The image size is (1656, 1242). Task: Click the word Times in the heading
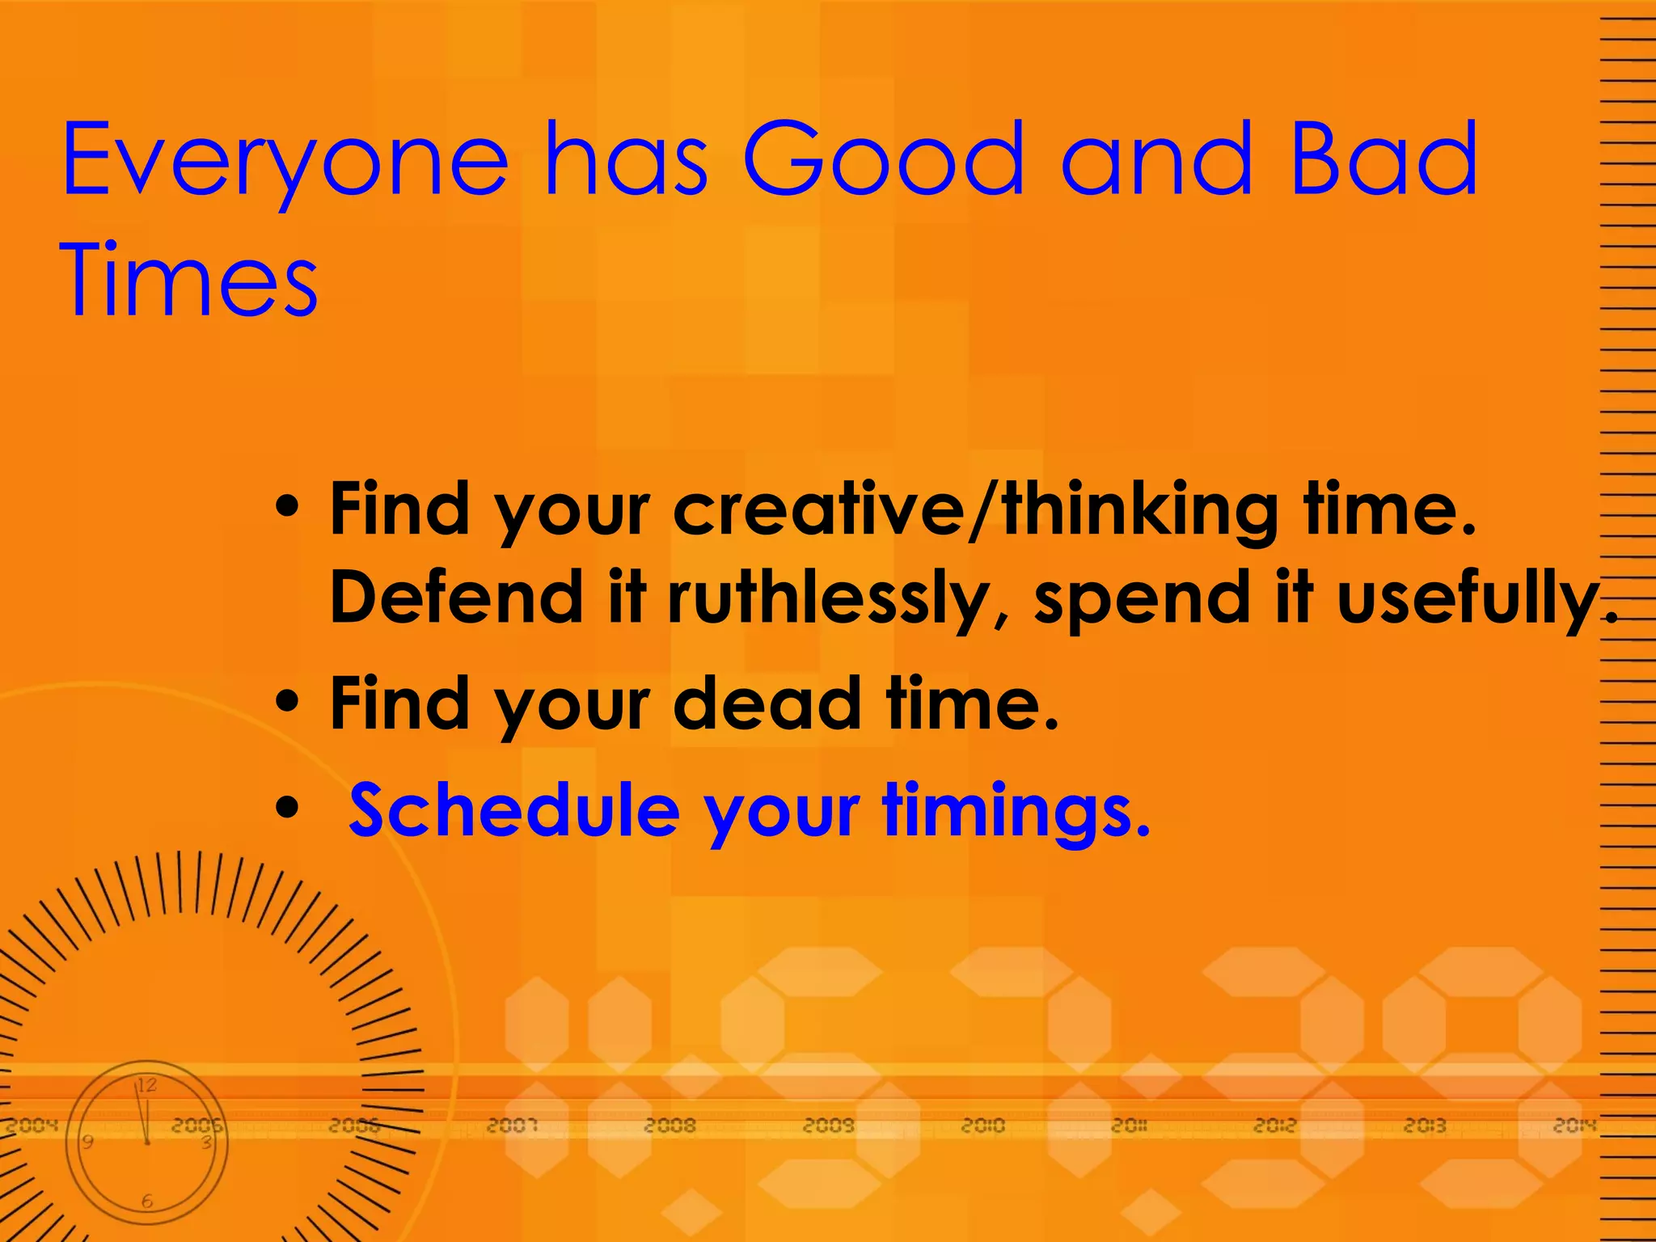coord(189,281)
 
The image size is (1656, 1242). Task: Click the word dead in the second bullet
coord(767,704)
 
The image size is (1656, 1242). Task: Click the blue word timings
coord(1015,813)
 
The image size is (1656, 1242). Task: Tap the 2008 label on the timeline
coord(670,1125)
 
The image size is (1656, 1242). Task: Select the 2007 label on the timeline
coord(512,1125)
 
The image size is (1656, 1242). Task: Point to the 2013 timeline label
coord(1425,1125)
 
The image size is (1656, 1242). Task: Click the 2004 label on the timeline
coord(32,1125)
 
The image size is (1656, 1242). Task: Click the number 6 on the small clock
coord(147,1202)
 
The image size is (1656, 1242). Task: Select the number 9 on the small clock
coord(88,1142)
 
